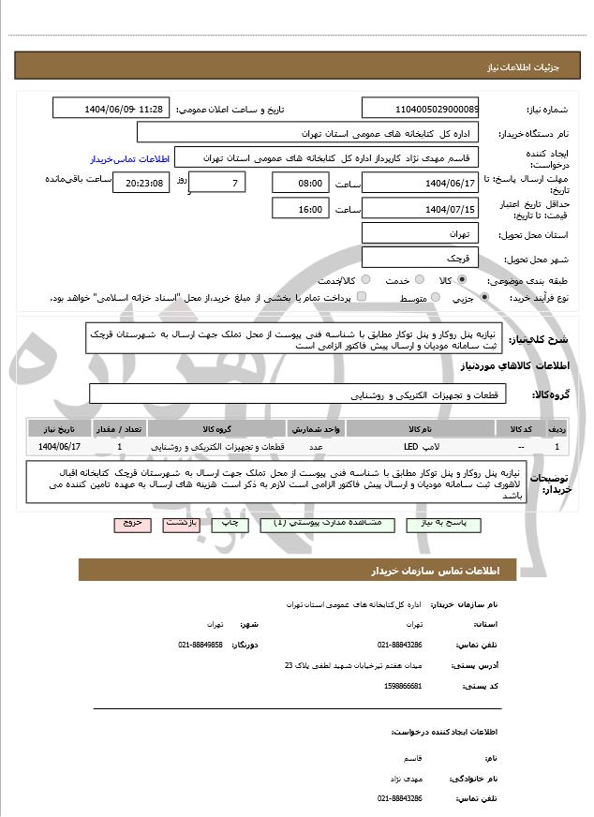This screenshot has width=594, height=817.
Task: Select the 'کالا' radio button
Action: (x=461, y=280)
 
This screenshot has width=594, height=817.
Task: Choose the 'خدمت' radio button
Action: (x=418, y=280)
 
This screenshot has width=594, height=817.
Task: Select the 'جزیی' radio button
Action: (x=483, y=298)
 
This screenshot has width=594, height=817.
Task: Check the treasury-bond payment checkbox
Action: (x=362, y=298)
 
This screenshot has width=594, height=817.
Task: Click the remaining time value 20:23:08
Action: (x=141, y=183)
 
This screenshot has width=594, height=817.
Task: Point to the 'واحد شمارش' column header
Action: (x=317, y=428)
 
